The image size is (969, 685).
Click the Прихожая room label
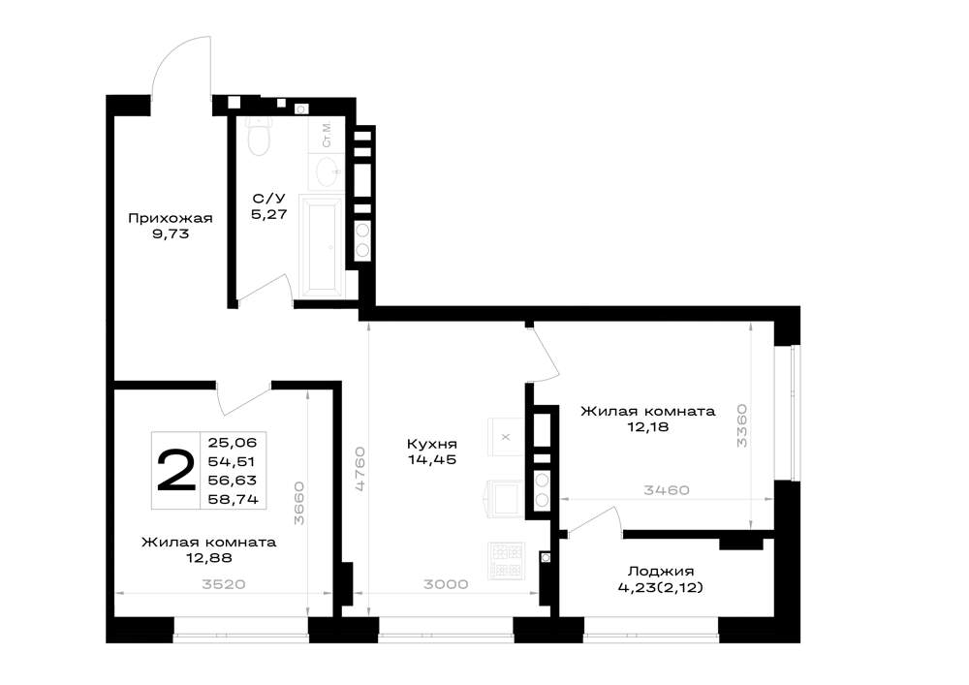click(170, 218)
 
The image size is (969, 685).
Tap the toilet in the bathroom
click(259, 135)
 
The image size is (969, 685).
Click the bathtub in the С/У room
click(322, 243)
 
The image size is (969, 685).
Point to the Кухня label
click(432, 444)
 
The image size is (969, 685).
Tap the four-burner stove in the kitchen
click(506, 561)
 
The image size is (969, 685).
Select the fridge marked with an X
click(506, 437)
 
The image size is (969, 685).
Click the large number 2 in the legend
click(176, 471)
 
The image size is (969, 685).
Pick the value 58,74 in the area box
click(233, 499)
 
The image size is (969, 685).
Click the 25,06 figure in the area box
click(233, 442)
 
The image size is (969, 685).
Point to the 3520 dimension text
click(224, 584)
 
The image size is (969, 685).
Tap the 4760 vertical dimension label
click(359, 470)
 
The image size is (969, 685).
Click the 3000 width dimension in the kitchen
click(446, 583)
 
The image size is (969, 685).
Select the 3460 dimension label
click(667, 490)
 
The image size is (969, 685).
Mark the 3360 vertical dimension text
click(741, 425)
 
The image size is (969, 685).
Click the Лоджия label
click(661, 572)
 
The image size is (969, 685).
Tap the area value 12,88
click(209, 558)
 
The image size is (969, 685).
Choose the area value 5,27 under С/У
click(268, 214)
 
